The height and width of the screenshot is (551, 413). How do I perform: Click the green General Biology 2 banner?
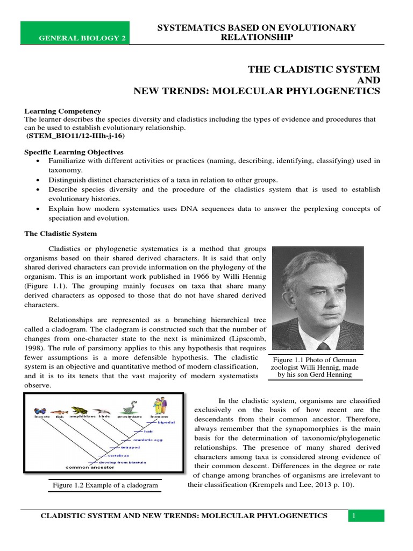pyautogui.click(x=75, y=33)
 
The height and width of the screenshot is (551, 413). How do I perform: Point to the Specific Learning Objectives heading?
pyautogui.click(x=74, y=152)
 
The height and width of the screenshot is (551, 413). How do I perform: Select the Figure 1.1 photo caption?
pyautogui.click(x=315, y=367)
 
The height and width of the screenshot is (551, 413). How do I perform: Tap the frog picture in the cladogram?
pyautogui.click(x=80, y=410)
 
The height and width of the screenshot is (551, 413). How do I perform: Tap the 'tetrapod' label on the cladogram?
pyautogui.click(x=131, y=447)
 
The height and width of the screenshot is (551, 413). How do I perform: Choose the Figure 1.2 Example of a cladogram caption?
pyautogui.click(x=105, y=485)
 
